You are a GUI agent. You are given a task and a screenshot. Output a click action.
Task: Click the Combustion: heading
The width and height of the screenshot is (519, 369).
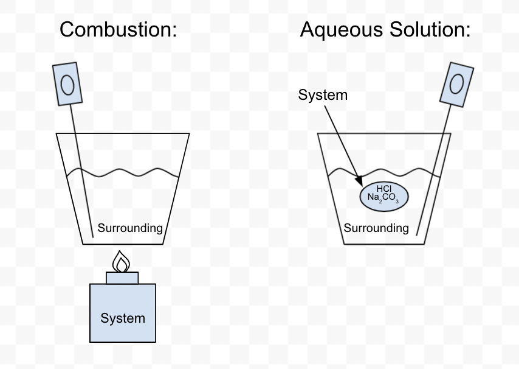pos(119,29)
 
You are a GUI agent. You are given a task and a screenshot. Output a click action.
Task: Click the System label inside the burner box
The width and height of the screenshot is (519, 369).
pos(123,318)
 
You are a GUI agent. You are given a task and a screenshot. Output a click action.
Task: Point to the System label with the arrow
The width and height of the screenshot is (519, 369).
pos(323,95)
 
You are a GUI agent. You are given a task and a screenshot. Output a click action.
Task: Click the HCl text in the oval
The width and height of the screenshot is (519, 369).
pos(384,189)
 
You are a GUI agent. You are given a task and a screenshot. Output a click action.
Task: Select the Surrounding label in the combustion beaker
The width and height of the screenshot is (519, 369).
pos(130,228)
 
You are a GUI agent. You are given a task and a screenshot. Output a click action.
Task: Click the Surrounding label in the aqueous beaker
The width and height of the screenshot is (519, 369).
pos(376,228)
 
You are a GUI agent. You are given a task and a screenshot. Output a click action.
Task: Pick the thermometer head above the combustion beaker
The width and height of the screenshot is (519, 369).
pos(67,84)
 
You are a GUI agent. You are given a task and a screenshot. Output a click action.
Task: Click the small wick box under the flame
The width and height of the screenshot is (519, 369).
pos(122,278)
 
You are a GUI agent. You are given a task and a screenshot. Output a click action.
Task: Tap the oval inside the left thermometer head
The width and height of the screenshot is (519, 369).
pos(67,85)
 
